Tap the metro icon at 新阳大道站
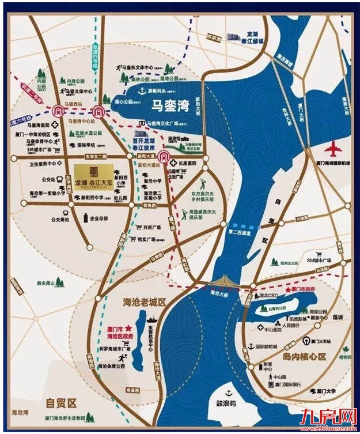(x=164, y=157)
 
